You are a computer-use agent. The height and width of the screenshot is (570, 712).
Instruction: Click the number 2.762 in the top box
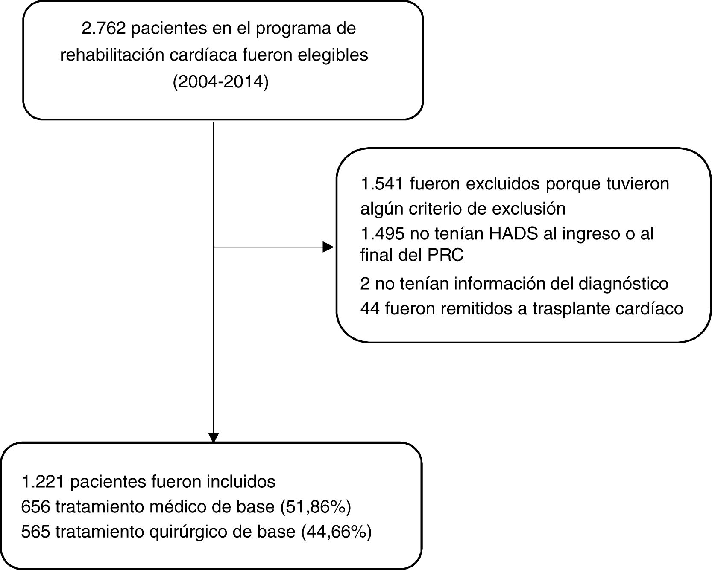point(103,29)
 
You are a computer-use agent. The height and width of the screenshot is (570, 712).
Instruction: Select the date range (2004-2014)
point(220,81)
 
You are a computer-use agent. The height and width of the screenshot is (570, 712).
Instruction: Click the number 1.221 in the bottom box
point(43,482)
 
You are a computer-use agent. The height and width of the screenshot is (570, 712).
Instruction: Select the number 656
point(36,507)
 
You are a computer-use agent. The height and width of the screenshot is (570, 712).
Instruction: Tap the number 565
point(36,532)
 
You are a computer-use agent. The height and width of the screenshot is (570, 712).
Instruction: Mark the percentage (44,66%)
point(336,532)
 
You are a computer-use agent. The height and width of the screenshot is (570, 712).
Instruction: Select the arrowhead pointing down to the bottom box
point(213,437)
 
